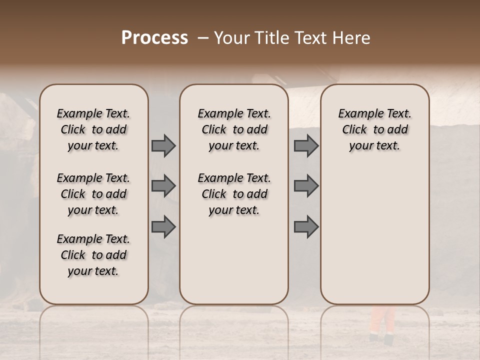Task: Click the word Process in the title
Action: tap(154, 38)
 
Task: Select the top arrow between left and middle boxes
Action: tap(163, 145)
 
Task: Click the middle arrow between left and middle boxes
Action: tap(163, 186)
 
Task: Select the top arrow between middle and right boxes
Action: tap(306, 145)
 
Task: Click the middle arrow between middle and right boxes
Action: tap(306, 186)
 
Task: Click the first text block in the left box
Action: tap(93, 129)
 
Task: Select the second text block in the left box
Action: tap(93, 194)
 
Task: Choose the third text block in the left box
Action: tap(93, 255)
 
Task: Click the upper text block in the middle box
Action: tap(234, 129)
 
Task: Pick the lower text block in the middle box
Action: tap(234, 194)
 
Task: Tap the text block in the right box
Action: tap(374, 129)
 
